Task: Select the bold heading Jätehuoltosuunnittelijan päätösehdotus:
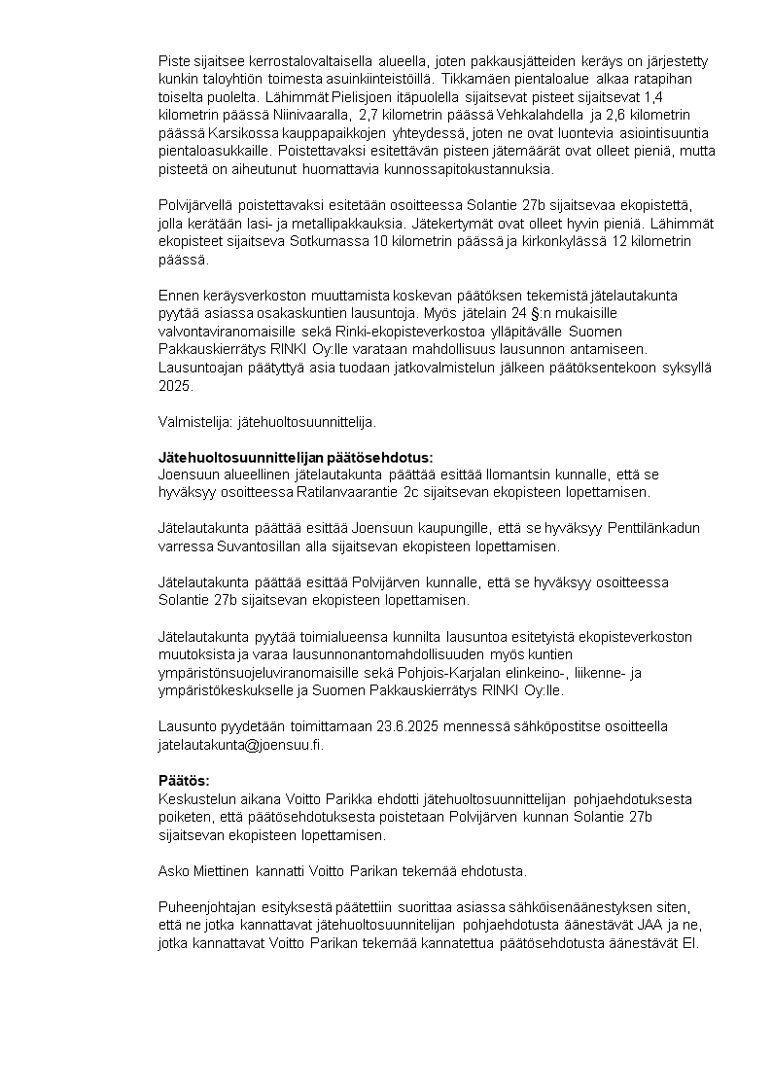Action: point(296,457)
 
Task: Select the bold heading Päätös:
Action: point(184,781)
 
